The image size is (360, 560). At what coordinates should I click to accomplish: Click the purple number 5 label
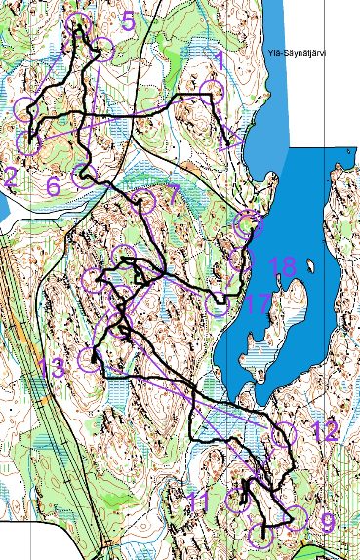(x=128, y=21)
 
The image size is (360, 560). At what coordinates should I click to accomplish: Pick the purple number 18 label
(x=282, y=265)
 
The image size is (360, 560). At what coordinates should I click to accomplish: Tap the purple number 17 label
(x=256, y=304)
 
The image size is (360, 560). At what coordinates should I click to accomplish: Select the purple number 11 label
(x=199, y=502)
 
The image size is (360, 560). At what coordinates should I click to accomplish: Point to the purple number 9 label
(x=327, y=523)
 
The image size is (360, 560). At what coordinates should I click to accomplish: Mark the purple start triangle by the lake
(x=233, y=140)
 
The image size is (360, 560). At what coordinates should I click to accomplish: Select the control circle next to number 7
(x=145, y=201)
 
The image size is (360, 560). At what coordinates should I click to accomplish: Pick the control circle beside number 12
(x=284, y=435)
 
